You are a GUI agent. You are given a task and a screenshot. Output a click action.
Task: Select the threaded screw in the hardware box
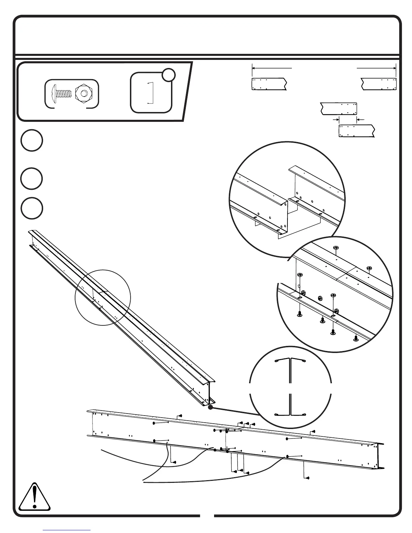[x=62, y=93]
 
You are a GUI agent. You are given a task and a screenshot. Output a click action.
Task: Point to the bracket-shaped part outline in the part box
[x=151, y=93]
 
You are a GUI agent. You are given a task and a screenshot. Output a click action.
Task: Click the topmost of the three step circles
[x=32, y=141]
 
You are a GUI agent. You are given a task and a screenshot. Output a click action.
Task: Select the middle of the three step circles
[x=32, y=179]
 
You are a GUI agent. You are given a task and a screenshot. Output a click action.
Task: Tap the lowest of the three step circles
[x=32, y=208]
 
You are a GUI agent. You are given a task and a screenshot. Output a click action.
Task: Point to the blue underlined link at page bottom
[x=67, y=530]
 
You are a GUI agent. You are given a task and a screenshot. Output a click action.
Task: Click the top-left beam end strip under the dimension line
[x=269, y=84]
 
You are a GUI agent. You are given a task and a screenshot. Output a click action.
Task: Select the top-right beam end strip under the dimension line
[x=379, y=84]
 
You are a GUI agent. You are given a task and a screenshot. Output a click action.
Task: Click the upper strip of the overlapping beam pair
[x=338, y=109]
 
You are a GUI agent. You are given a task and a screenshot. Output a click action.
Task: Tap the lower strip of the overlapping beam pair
[x=356, y=131]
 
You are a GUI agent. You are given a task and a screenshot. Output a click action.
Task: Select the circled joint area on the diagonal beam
[x=103, y=297]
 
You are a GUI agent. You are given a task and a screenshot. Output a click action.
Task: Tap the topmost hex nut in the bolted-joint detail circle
[x=336, y=248]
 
